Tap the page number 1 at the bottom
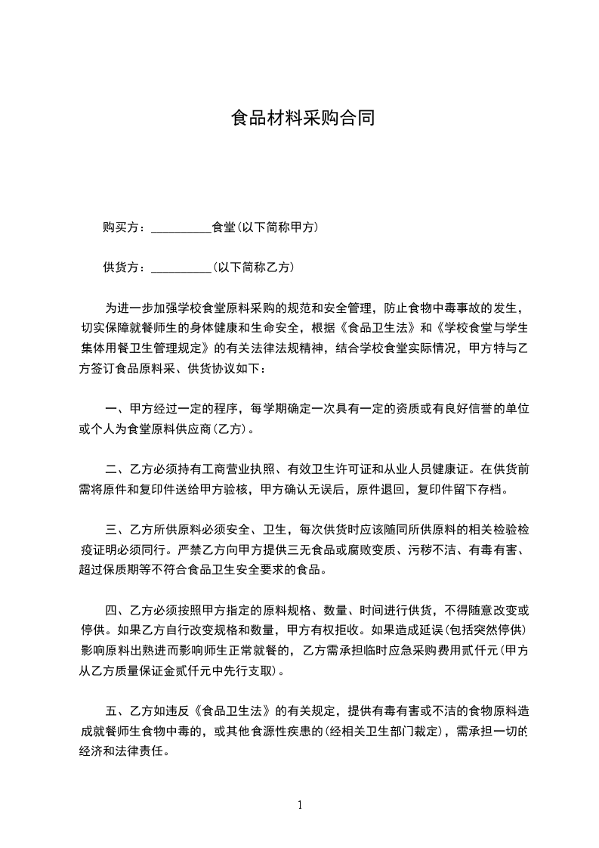301,806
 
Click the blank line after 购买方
181,227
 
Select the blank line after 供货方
181,268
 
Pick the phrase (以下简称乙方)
254,268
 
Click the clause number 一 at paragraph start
110,409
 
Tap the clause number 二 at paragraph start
110,468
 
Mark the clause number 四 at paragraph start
110,610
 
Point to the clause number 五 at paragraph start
110,711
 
